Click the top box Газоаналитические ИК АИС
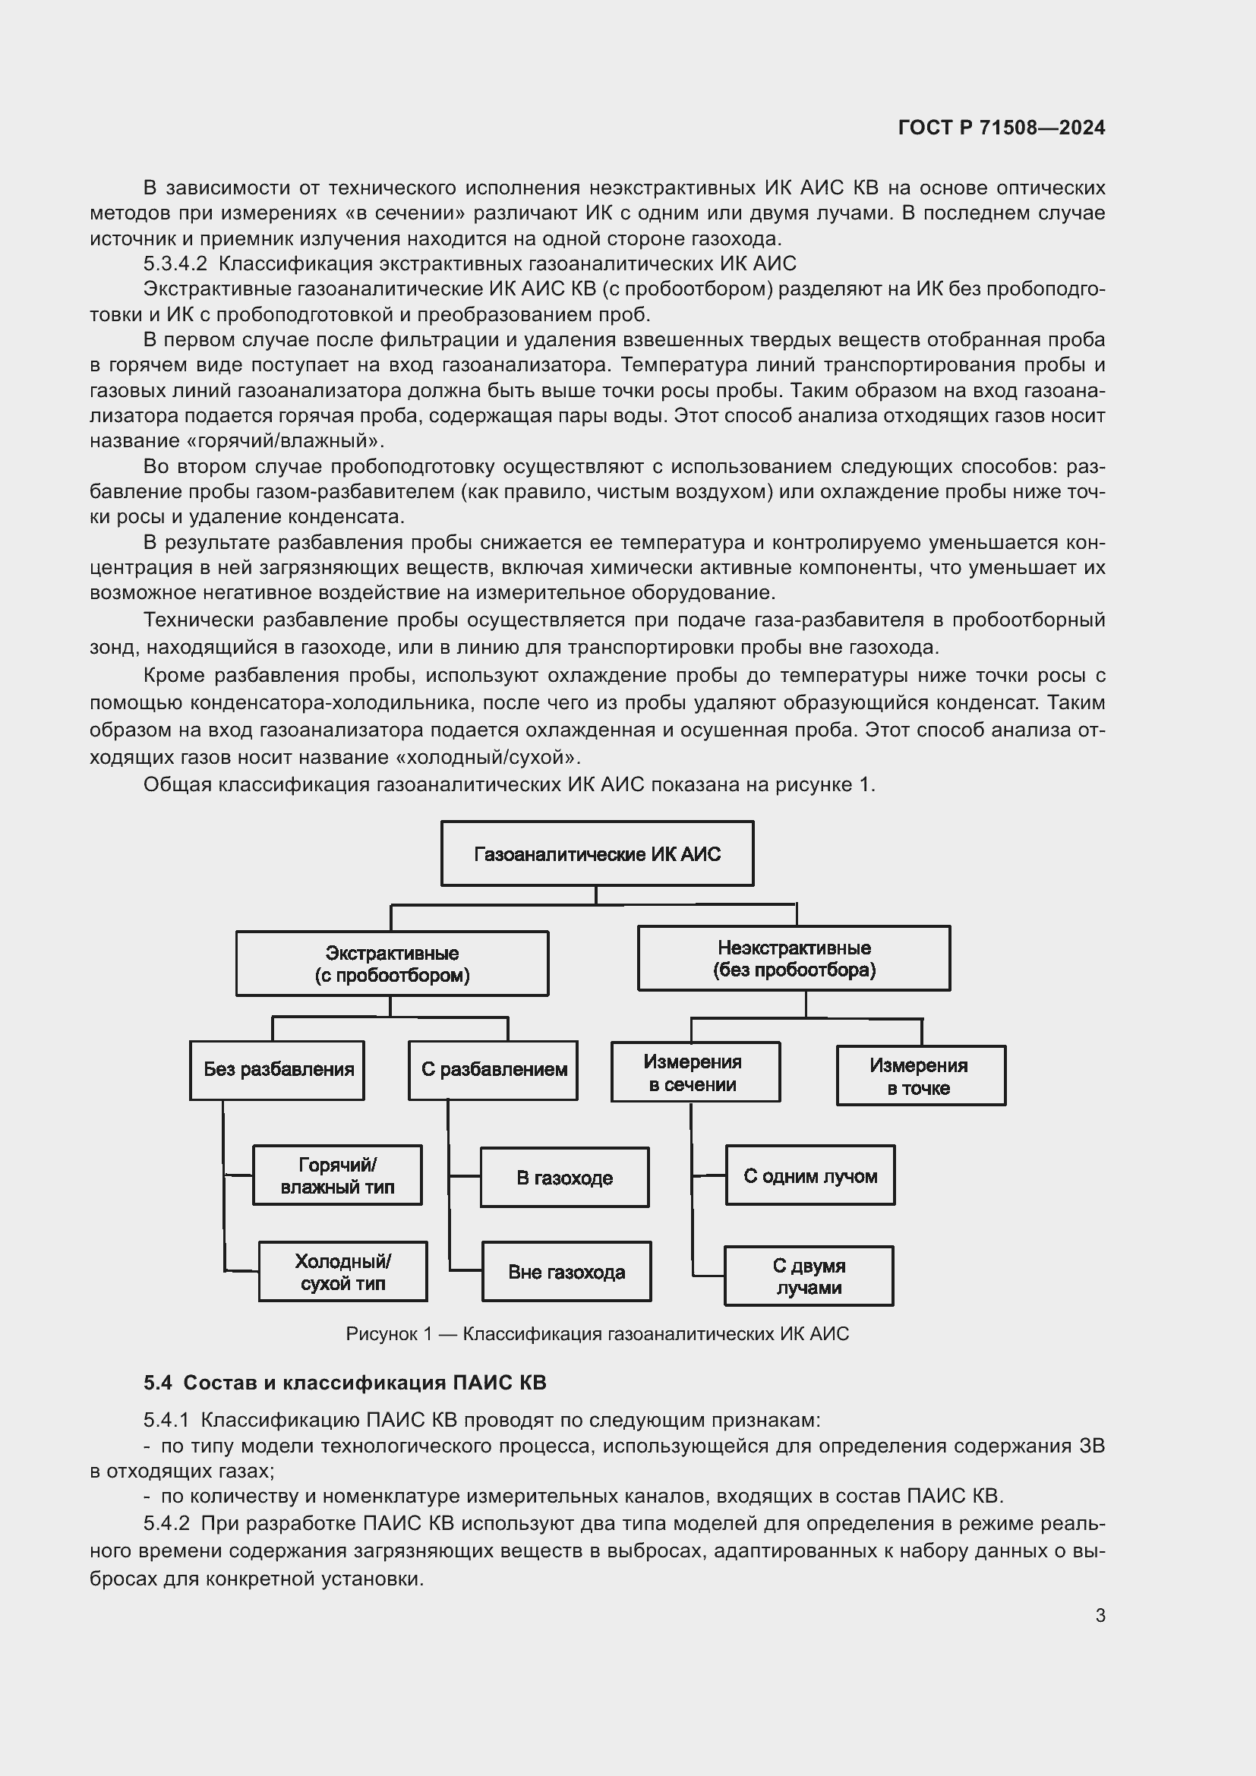click(597, 853)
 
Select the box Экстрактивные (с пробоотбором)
click(392, 963)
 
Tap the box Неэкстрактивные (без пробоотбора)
click(794, 958)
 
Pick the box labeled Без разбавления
click(278, 1070)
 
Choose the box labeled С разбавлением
click(494, 1070)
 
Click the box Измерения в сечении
click(696, 1073)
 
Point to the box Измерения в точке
click(920, 1076)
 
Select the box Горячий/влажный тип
click(337, 1175)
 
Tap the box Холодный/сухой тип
click(342, 1272)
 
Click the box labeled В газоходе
click(564, 1178)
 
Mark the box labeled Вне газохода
click(566, 1272)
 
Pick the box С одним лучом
click(809, 1175)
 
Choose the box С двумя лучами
click(808, 1276)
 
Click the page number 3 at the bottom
click(1100, 1615)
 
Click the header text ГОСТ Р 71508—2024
click(1002, 128)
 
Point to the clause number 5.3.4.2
click(175, 263)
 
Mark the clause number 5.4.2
click(166, 1523)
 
